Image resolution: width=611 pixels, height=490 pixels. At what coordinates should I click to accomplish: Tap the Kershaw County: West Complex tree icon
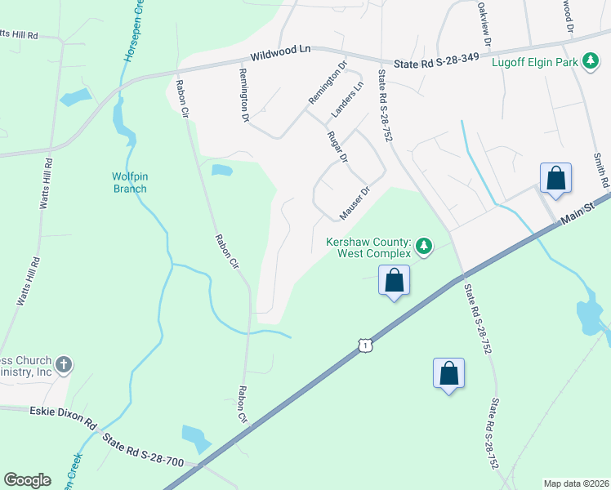(423, 245)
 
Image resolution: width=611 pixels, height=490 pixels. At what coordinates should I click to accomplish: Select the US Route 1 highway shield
(365, 346)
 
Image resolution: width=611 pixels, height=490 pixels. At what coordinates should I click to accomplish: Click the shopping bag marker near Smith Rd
(555, 178)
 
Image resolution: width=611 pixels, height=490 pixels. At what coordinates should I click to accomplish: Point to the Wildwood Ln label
(281, 52)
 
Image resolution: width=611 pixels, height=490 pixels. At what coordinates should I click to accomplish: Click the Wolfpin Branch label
(129, 183)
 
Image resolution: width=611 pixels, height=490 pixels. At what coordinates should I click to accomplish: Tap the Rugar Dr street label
(337, 146)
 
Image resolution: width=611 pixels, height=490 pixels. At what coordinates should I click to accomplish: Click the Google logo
(27, 480)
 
